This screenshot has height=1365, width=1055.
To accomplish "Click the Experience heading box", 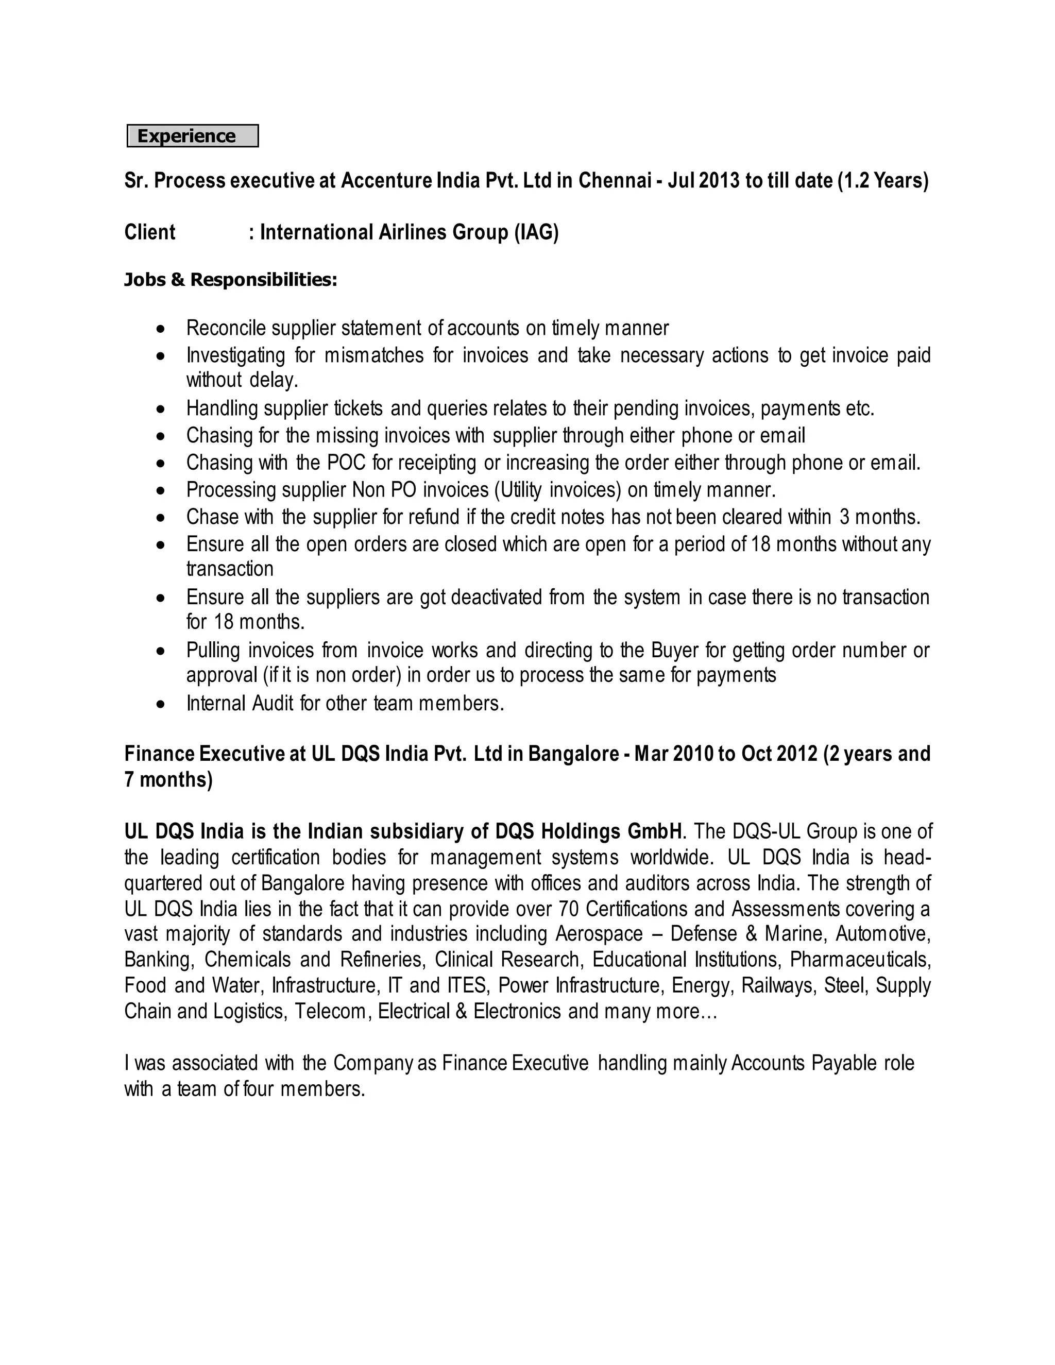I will coord(193,135).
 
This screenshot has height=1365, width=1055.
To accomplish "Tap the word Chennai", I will coord(615,181).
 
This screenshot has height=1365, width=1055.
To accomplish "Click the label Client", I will coord(150,232).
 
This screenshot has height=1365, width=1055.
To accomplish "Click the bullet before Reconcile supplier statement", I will coord(161,329).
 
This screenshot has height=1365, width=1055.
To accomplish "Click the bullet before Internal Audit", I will coord(161,704).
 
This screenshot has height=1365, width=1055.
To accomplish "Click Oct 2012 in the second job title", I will coord(779,754).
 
